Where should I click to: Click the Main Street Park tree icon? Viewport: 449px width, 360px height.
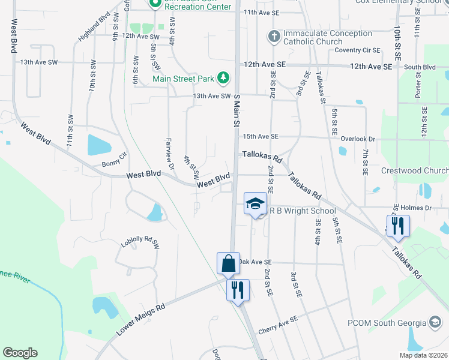tap(223, 78)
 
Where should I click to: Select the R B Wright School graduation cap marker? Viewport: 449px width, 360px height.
tap(255, 203)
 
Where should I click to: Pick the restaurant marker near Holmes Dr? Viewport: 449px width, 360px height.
tap(398, 226)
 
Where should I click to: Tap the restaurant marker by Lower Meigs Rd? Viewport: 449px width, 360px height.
tap(237, 290)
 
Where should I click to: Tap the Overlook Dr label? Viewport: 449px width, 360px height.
tap(357, 139)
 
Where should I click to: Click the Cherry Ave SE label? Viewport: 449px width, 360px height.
tap(278, 325)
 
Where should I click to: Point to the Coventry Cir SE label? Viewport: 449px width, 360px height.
tap(358, 50)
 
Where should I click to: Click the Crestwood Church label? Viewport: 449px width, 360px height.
tap(414, 170)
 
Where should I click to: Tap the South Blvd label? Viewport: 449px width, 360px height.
tap(420, 67)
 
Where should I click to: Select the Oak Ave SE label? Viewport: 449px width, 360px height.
tap(256, 262)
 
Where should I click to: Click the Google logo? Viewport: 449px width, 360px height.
tap(20, 353)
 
